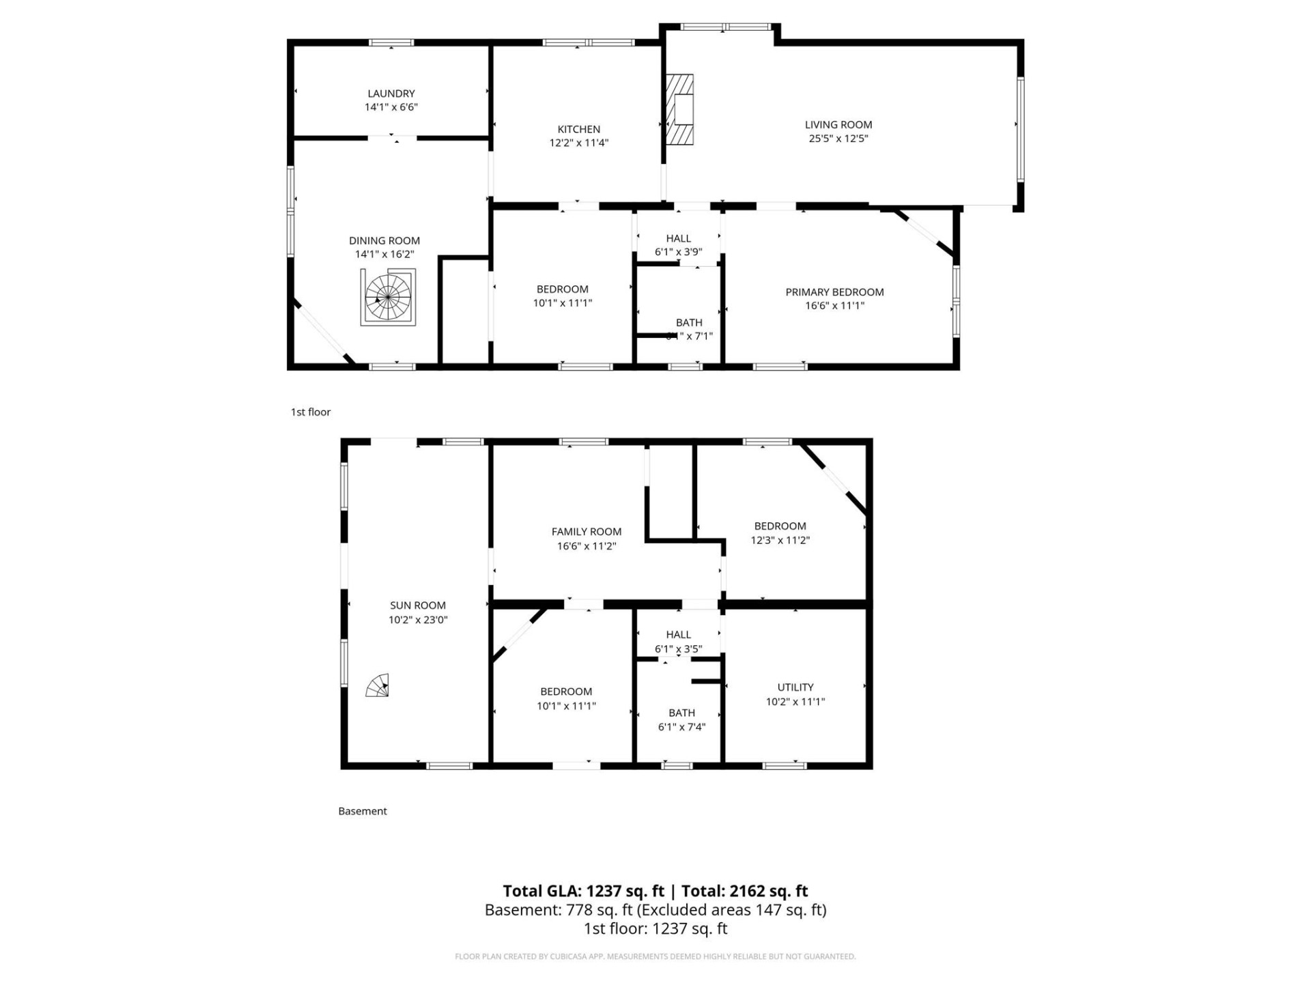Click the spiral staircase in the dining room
388,298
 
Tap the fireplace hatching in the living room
680,109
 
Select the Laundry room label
391,94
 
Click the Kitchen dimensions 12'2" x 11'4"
579,143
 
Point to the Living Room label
838,124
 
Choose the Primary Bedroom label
834,292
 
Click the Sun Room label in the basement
418,606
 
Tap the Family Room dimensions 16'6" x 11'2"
587,546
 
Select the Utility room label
795,687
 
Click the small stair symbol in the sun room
378,686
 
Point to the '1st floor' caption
311,412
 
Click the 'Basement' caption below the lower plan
363,811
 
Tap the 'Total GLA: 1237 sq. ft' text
583,891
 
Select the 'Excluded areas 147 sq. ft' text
733,910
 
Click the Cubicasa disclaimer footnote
655,956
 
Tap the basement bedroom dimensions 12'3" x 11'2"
780,540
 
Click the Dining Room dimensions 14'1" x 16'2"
384,254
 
